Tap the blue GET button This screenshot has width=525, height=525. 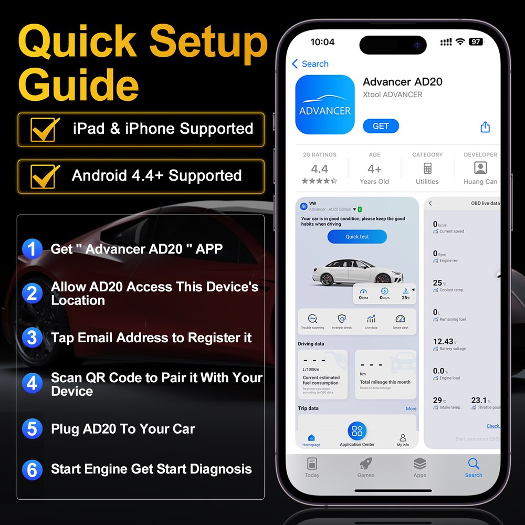click(x=381, y=126)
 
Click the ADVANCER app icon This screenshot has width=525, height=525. click(x=325, y=104)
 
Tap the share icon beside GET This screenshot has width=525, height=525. click(x=485, y=127)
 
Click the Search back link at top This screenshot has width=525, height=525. click(x=310, y=64)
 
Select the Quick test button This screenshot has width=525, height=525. click(x=357, y=237)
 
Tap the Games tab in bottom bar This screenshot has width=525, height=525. click(x=366, y=467)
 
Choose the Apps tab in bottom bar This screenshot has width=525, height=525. click(x=419, y=467)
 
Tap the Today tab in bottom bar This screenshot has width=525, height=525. click(x=312, y=467)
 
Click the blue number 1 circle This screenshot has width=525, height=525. click(x=32, y=248)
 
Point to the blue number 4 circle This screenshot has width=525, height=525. click(x=32, y=384)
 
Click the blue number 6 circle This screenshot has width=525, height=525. click(x=32, y=469)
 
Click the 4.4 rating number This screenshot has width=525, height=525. click(x=319, y=169)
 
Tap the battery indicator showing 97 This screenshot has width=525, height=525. click(x=476, y=42)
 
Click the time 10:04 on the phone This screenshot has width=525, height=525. click(x=322, y=42)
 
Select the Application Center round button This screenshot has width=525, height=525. click(x=357, y=432)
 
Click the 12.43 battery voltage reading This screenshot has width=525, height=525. click(x=443, y=342)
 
